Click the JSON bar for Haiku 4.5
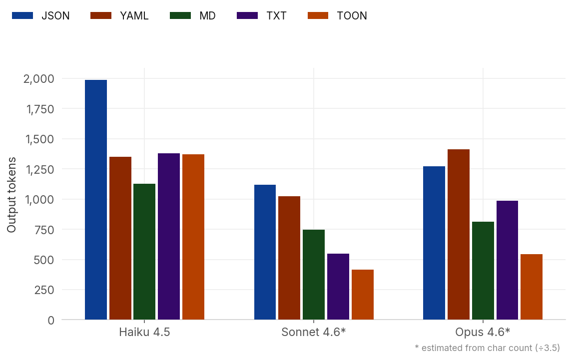(96, 200)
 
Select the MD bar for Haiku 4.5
(144, 252)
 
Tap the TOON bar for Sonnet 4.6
(362, 295)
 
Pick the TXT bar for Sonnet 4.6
(338, 287)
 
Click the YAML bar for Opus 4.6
(459, 234)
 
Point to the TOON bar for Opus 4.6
(532, 287)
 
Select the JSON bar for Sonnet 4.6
(265, 252)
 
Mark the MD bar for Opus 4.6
(483, 271)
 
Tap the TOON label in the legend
(352, 15)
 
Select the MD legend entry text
(207, 15)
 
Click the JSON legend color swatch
(22, 15)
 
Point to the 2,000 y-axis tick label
(38, 78)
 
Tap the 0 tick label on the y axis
(51, 320)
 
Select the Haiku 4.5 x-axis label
(144, 332)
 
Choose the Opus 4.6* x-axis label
(483, 332)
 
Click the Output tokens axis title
(11, 195)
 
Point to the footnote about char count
(487, 348)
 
